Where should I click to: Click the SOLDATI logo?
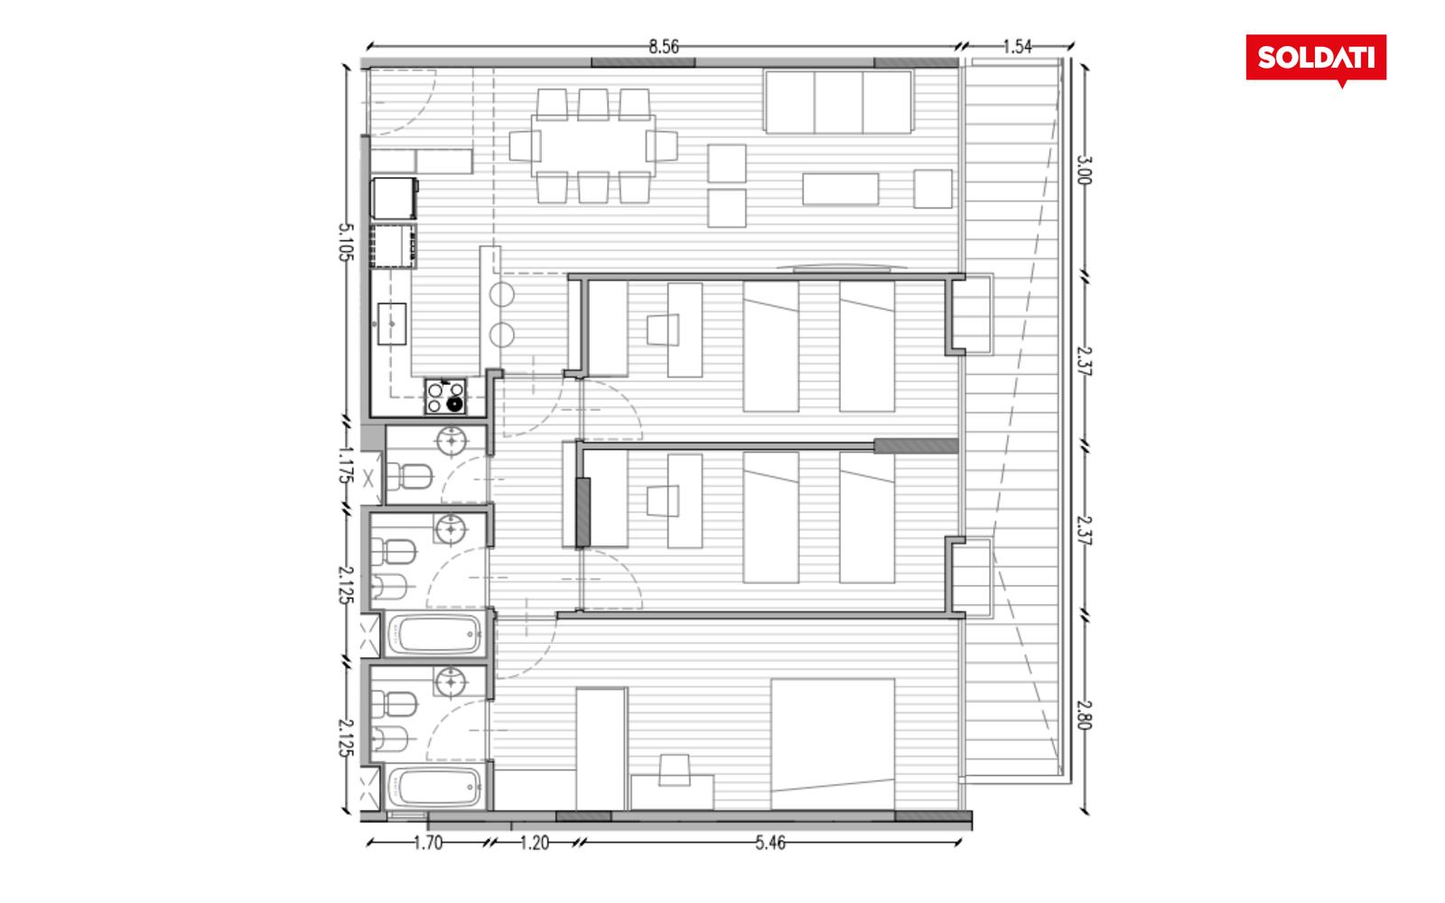(1316, 60)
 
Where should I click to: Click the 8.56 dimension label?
(663, 46)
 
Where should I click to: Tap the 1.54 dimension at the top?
(1017, 46)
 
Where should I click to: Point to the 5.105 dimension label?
(346, 242)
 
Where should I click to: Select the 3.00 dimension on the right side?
(1084, 170)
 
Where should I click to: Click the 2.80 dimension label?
(1084, 714)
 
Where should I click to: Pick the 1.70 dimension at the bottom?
(428, 843)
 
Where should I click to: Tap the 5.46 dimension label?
(770, 843)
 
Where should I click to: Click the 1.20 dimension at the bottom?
(534, 843)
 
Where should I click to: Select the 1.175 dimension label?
(346, 464)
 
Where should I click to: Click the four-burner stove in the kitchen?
(445, 396)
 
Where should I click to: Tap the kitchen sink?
(391, 324)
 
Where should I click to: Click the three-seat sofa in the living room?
(838, 102)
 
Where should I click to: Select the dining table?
(592, 145)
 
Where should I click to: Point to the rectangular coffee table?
(841, 189)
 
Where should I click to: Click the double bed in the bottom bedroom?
(833, 744)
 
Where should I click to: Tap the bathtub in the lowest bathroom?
(436, 787)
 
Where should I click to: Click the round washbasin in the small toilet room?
(452, 442)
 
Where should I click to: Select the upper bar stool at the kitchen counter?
(502, 294)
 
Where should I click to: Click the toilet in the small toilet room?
(409, 478)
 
